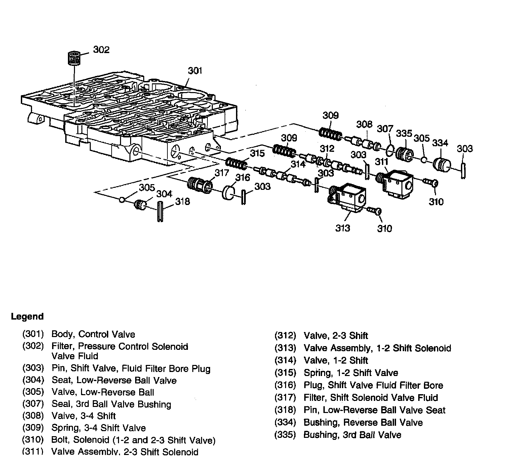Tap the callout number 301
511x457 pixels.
(195, 71)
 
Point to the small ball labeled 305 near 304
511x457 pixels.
(122, 200)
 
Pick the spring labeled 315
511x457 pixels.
(236, 164)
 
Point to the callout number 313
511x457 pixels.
(343, 228)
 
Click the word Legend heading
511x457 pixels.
(27, 317)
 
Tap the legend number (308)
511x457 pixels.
(33, 416)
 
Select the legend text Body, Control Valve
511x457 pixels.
(93, 334)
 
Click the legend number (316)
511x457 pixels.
(285, 385)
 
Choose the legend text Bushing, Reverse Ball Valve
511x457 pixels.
(363, 422)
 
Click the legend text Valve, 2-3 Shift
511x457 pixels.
(336, 336)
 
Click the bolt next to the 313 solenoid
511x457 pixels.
(374, 210)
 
